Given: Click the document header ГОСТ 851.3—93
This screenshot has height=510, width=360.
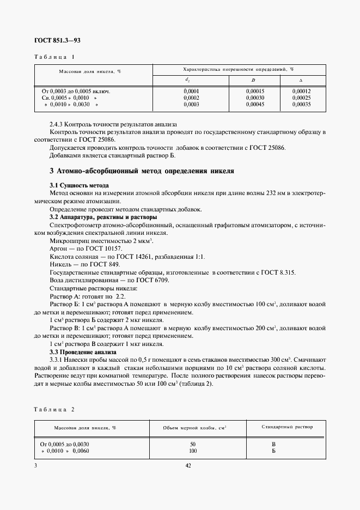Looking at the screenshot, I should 57,40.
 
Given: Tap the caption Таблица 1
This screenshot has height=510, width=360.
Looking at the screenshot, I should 54,57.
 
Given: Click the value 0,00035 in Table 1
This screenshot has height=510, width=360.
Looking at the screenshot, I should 301,104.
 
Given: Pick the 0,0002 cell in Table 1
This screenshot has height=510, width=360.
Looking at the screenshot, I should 191,98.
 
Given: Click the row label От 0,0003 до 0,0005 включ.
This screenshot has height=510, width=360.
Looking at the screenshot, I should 76,91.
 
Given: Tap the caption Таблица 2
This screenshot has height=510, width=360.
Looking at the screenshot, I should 54,409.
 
